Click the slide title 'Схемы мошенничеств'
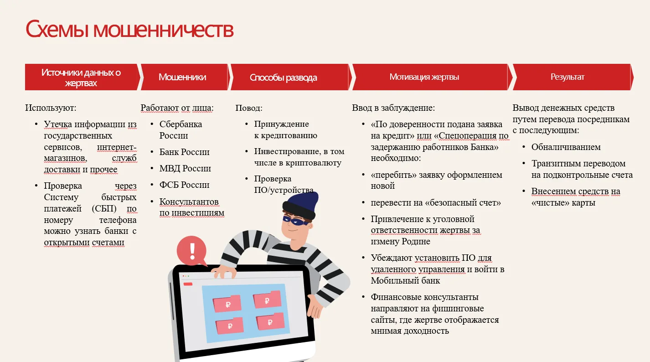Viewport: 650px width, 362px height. pos(129,29)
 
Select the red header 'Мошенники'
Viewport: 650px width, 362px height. pos(184,77)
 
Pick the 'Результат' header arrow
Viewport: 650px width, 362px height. pos(573,77)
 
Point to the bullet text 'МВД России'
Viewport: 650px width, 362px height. pos(185,168)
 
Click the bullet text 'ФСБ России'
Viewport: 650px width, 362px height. pos(184,185)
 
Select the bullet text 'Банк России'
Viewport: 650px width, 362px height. pos(184,152)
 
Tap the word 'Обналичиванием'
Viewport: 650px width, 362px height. pos(566,147)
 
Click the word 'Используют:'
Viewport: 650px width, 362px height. pos(51,108)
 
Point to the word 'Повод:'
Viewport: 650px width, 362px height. pos(249,108)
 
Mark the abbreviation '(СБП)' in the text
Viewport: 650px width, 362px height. pos(104,209)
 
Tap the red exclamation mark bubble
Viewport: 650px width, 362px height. pos(191,251)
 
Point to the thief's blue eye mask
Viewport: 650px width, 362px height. pos(295,221)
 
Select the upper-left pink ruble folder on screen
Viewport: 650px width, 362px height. pos(227,303)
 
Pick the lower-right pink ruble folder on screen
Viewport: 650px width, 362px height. pos(270,321)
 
